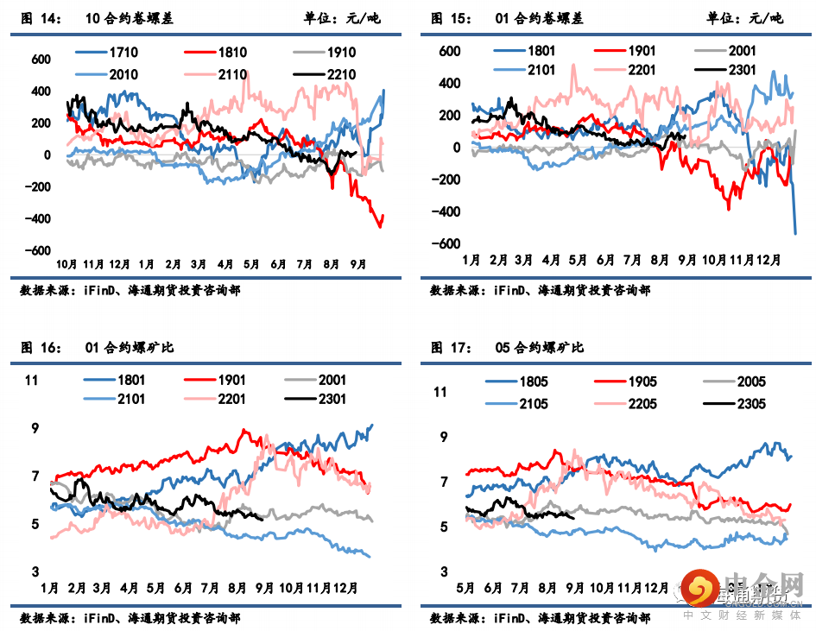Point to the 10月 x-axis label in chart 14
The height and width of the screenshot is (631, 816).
coord(67,263)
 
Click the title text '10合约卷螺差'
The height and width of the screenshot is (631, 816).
coord(130,18)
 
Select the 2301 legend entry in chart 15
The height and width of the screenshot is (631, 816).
coord(742,70)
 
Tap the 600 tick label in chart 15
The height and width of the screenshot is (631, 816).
coord(449,51)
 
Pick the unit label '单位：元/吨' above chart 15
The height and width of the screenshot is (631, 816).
coord(748,18)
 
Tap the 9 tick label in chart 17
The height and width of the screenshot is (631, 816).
coord(444,438)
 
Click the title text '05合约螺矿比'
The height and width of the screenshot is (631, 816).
coord(540,348)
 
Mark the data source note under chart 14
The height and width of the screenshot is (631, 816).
coord(130,291)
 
